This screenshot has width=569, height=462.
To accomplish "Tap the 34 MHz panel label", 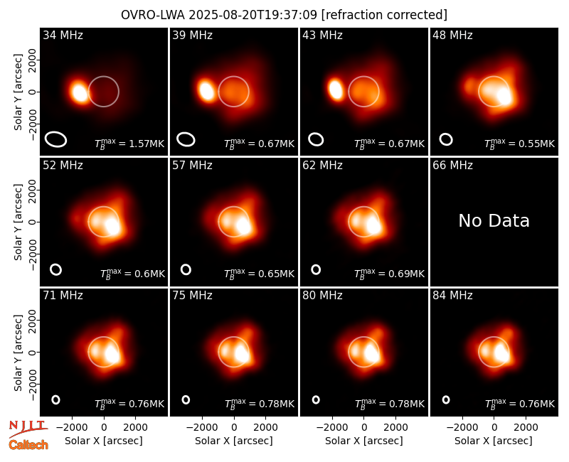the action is point(63,35).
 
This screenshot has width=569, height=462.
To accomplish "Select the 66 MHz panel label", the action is point(452,166).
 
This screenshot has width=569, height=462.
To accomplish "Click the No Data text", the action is point(494,220).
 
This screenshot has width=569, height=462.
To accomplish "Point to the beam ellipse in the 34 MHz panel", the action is point(55,139).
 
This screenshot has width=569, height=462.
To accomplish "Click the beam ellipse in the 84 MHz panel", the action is point(446,399).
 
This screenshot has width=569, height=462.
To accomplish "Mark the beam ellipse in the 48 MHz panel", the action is point(446,139).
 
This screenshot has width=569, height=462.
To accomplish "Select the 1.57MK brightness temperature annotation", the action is point(129,144).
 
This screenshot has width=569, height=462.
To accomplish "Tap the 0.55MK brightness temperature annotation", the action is point(520,144).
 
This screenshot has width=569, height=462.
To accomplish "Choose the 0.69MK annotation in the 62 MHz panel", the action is point(389,274).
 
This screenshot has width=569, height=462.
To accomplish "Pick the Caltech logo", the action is point(28,445).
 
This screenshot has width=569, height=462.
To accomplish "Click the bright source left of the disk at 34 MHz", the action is point(80,92).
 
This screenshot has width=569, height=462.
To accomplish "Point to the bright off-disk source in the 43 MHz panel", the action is point(335,90).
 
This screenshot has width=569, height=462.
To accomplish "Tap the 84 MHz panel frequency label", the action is point(452,296).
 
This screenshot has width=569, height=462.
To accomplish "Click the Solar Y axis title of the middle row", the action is point(18,222).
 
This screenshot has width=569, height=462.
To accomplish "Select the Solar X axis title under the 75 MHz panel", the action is point(234,441).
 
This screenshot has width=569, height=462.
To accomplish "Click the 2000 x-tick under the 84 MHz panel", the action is point(526,428).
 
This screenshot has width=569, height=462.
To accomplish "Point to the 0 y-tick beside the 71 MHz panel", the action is point(33,352).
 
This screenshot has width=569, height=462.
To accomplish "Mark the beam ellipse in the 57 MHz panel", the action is point(186,269).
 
